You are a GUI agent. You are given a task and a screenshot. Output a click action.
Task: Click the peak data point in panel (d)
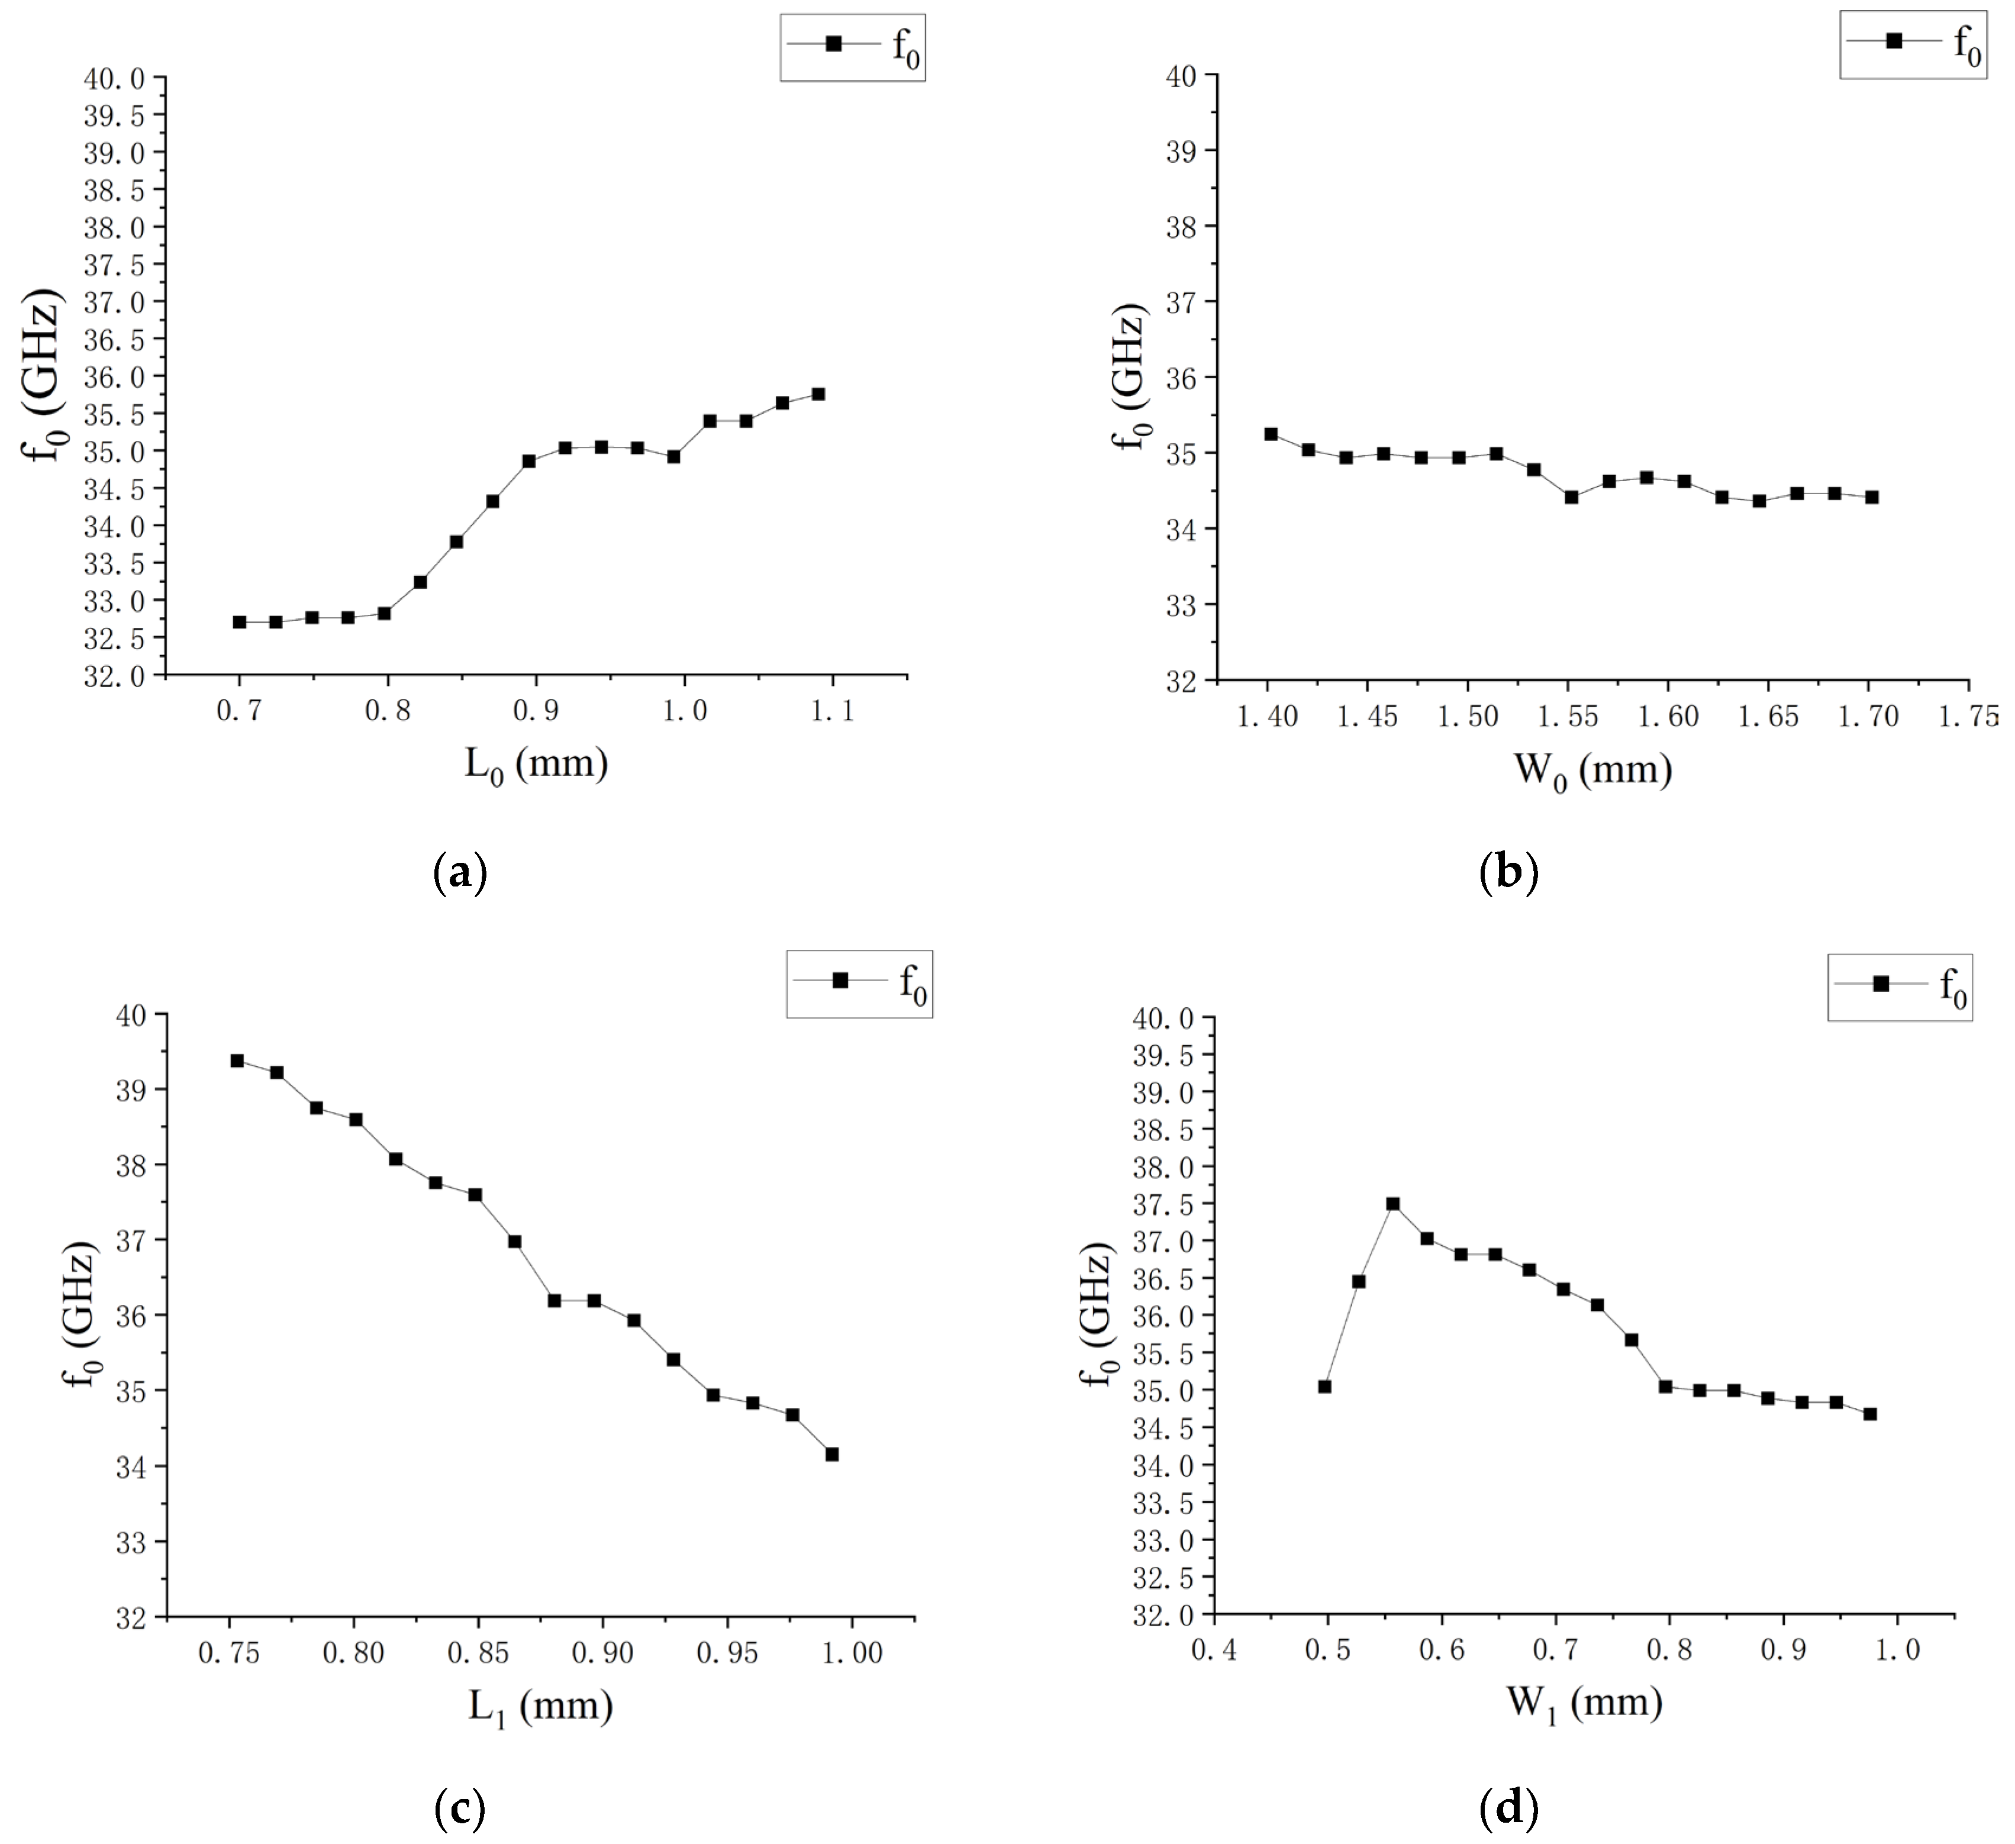click(1392, 1204)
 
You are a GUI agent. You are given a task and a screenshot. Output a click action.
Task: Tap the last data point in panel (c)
click(831, 1454)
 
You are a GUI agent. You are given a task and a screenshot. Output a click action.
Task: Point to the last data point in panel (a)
click(818, 394)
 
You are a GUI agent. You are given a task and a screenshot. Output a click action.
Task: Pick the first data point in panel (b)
click(1271, 434)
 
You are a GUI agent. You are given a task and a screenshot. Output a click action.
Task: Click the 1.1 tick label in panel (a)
click(831, 711)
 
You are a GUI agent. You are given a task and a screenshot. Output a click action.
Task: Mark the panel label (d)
click(1508, 1807)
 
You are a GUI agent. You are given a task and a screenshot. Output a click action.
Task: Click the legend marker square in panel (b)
click(1893, 40)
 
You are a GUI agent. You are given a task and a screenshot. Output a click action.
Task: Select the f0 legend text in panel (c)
click(913, 985)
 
